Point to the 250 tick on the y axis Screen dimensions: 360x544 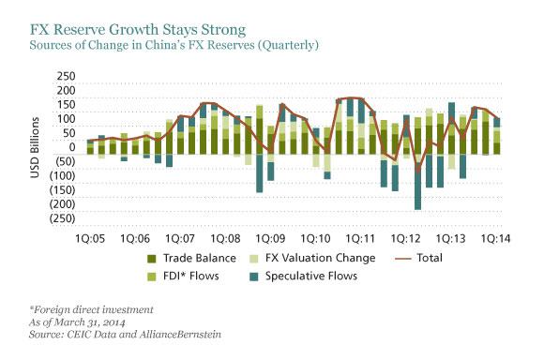pyautogui.click(x=66, y=76)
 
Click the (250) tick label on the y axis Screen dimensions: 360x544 pyautogui.click(x=62, y=217)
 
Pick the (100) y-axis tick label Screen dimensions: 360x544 pyautogui.click(x=62, y=175)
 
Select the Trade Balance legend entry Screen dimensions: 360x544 pyautogui.click(x=193, y=258)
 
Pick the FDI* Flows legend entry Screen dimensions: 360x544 pyautogui.click(x=189, y=276)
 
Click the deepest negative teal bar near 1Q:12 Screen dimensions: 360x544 pyautogui.click(x=417, y=187)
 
